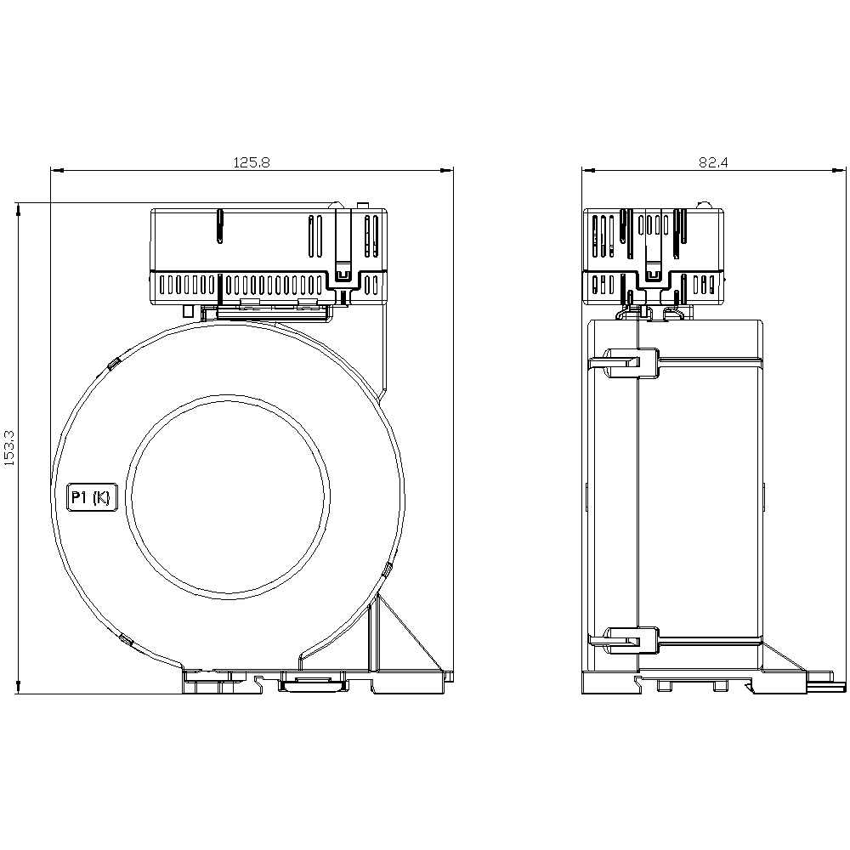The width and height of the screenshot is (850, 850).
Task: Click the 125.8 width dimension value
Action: tap(252, 162)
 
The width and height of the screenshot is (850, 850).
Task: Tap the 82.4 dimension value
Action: tap(713, 162)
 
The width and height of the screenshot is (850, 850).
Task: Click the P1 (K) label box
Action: tap(92, 496)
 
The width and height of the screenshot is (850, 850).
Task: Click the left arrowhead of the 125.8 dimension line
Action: tap(58, 171)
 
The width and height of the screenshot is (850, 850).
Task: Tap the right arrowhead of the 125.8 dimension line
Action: tap(446, 171)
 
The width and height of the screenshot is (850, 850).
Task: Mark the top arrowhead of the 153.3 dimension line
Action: tap(19, 210)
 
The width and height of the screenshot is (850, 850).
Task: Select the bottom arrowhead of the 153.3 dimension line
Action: tap(19, 686)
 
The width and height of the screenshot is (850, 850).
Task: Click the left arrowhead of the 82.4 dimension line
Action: tap(589, 171)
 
